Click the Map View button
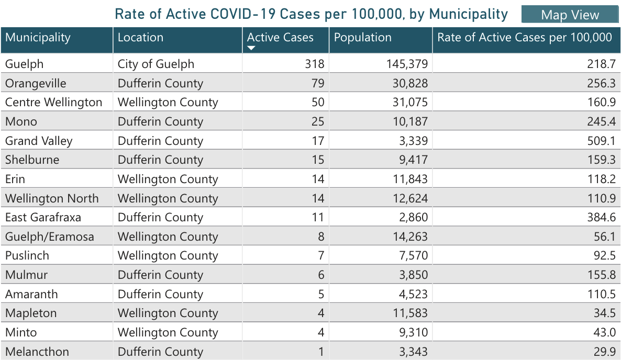point(570,15)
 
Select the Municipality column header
point(38,38)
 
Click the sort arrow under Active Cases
point(251,48)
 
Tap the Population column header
point(362,38)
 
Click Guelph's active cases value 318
point(314,64)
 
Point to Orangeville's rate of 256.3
point(601,84)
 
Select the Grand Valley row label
point(39,141)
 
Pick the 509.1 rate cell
point(601,141)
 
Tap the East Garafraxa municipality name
point(43,218)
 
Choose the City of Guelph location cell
point(156,64)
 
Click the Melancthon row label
point(37,352)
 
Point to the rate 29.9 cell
point(604,352)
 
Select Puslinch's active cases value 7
point(320,256)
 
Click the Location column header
point(140,38)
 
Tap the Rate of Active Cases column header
point(524,38)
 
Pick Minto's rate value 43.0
point(604,332)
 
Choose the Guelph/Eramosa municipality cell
point(50,237)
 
